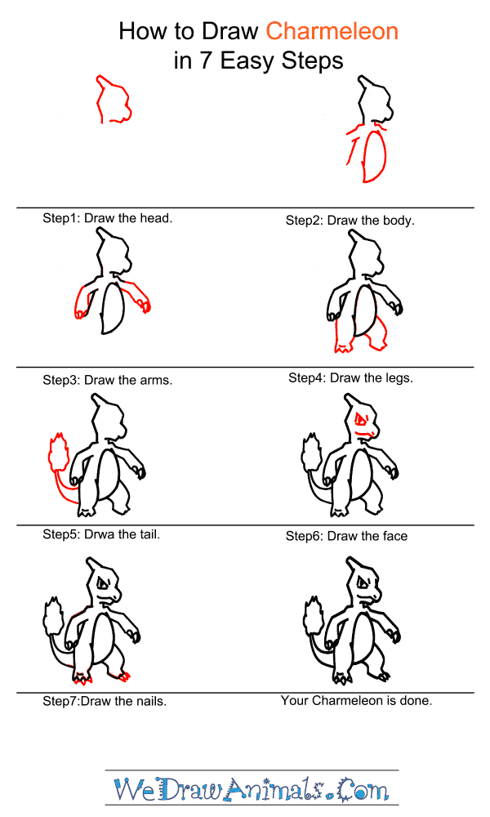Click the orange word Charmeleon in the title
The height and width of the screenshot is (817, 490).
(x=332, y=31)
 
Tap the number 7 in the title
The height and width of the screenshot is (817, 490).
(x=206, y=60)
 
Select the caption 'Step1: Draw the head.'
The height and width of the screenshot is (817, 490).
(x=107, y=218)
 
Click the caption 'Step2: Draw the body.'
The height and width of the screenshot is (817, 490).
(x=350, y=221)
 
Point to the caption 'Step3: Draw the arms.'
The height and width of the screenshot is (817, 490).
(x=107, y=380)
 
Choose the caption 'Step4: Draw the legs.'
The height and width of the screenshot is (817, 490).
(x=350, y=377)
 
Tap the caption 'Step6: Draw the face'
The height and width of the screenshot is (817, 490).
(x=346, y=536)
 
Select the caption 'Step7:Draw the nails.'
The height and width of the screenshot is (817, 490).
(x=105, y=701)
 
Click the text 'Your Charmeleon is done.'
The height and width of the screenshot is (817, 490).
(x=356, y=700)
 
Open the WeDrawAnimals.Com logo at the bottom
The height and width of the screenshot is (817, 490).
(x=252, y=788)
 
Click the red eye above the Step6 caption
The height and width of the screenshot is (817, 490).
(x=361, y=419)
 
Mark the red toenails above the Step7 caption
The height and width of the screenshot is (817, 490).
(x=83, y=678)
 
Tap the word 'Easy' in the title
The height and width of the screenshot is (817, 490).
(x=247, y=61)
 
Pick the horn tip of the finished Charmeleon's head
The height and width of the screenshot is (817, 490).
(x=347, y=559)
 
